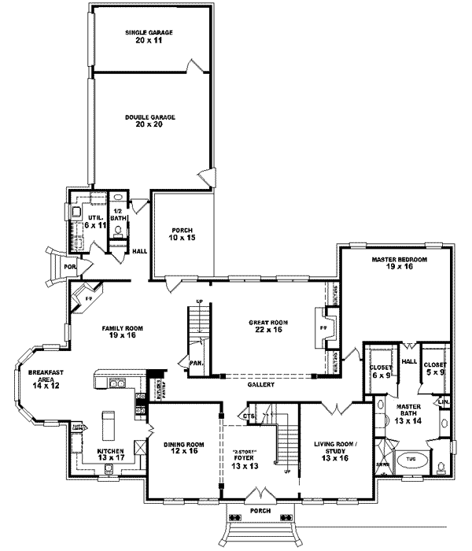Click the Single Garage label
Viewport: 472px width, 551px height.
tap(149, 36)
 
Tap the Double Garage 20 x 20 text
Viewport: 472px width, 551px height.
tap(149, 120)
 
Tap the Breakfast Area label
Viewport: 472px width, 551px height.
tap(45, 379)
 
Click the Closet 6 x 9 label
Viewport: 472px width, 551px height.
tap(381, 369)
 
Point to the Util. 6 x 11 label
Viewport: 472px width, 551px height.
tap(95, 220)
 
